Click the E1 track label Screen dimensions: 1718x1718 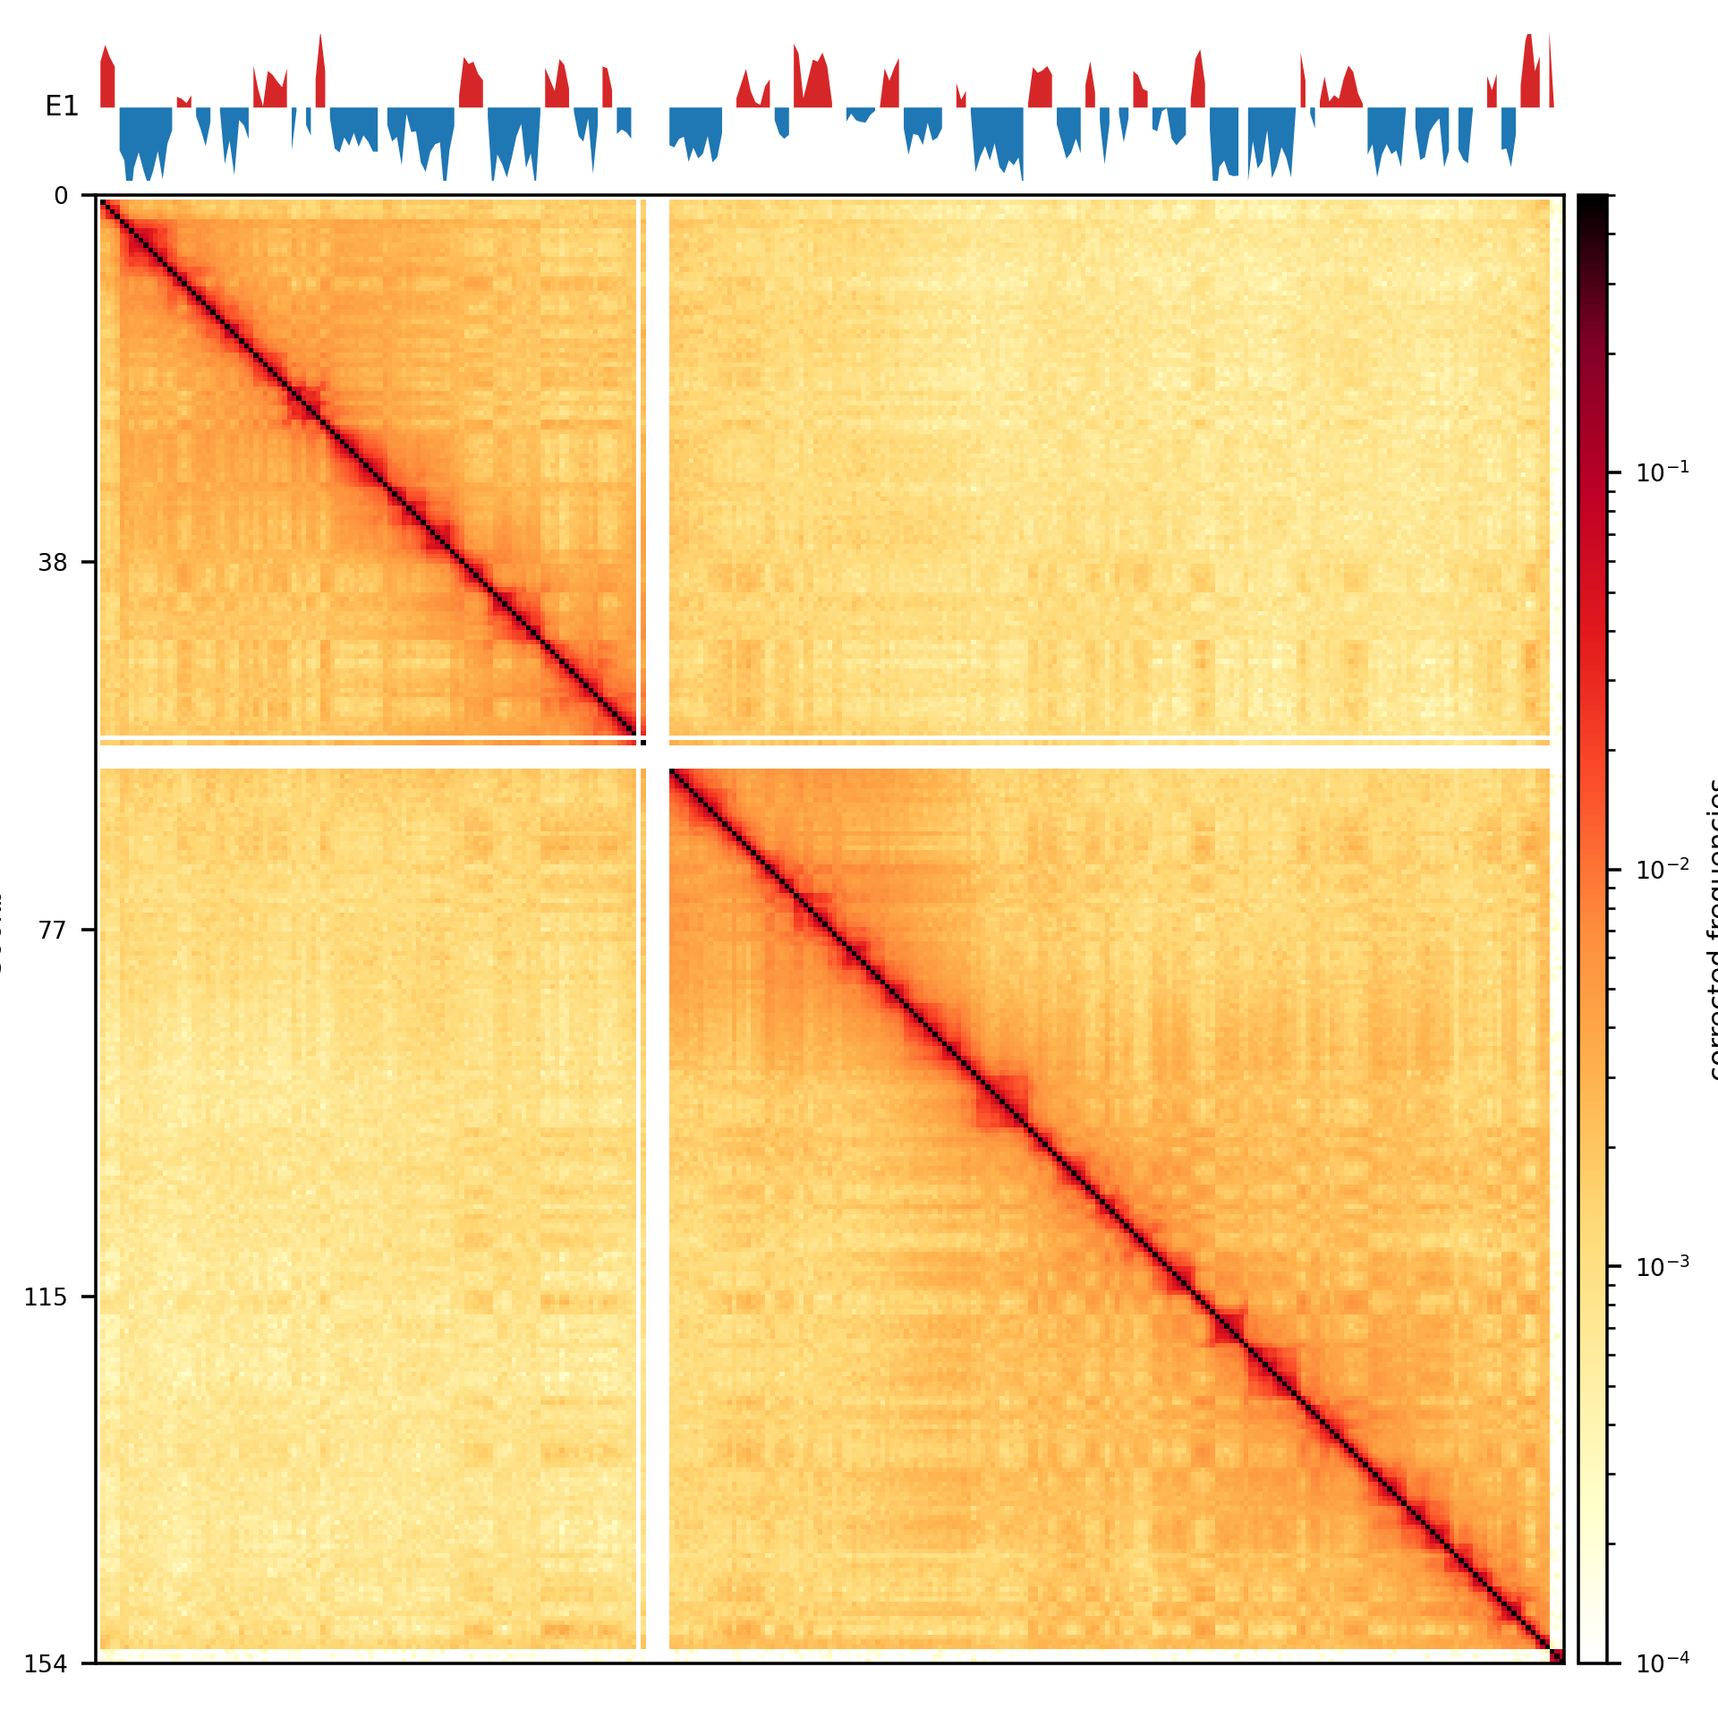tap(62, 107)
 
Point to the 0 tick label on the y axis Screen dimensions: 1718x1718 tap(61, 196)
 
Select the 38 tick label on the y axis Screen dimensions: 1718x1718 tap(53, 563)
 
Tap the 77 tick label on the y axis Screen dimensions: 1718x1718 tap(53, 931)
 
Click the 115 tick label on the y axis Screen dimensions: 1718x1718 tap(46, 1297)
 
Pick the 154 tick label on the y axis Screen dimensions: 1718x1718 tap(46, 1664)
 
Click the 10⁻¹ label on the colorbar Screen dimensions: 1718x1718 tap(1663, 472)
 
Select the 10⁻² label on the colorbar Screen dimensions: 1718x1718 tap(1663, 869)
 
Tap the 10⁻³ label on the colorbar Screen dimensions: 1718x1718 tap(1663, 1266)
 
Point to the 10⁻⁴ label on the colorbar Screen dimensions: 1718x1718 tap(1663, 1663)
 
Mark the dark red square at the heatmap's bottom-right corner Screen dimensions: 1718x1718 tap(1557, 1656)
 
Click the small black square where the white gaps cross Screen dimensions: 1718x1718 tap(643, 743)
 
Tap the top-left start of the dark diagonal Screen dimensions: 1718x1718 tap(104, 203)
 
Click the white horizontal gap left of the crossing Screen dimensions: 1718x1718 tap(358, 757)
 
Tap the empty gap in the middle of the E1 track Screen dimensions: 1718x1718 tap(651, 107)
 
